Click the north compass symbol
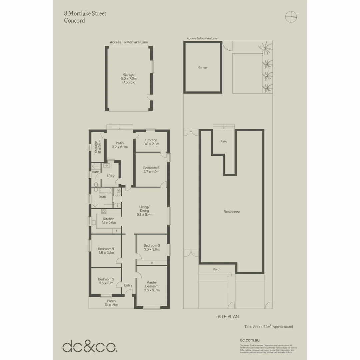[291, 16]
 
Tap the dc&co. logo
[90, 346]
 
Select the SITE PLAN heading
[228, 317]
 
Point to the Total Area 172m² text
[269, 327]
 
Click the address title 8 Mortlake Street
[85, 14]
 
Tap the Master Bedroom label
[152, 286]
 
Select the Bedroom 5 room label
[151, 170]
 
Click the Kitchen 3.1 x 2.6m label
[108, 221]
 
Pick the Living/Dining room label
[144, 211]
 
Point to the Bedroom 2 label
[106, 281]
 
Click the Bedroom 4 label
[106, 251]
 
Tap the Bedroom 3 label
[152, 247]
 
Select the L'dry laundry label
[111, 176]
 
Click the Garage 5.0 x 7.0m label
[129, 78]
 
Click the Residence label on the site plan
[232, 212]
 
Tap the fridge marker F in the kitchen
[117, 231]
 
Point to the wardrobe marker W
[152, 263]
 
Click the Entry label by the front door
[128, 285]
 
